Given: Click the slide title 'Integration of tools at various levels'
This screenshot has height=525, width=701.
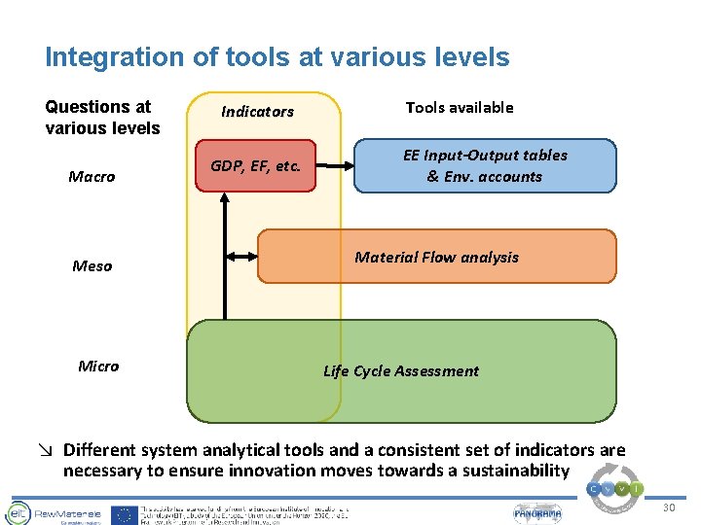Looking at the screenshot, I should pyautogui.click(x=277, y=57).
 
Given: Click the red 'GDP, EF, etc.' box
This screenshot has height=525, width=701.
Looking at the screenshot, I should pyautogui.click(x=256, y=165).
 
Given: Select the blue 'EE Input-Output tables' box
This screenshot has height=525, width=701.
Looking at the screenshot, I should pyautogui.click(x=484, y=165).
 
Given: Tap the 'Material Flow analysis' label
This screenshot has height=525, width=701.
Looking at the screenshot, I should pyautogui.click(x=436, y=258).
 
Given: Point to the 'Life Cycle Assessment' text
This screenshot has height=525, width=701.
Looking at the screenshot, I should pyautogui.click(x=400, y=370).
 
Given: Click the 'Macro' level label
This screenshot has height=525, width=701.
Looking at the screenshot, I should pyautogui.click(x=92, y=177).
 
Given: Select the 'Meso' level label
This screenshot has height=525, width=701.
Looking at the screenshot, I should pyautogui.click(x=92, y=266).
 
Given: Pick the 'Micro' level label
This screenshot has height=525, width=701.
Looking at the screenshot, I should pyautogui.click(x=98, y=367).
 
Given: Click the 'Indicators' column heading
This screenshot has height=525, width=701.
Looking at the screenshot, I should pyautogui.click(x=257, y=112).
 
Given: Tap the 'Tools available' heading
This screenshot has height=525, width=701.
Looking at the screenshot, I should pyautogui.click(x=459, y=108).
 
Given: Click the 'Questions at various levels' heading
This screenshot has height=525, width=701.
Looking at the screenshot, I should pyautogui.click(x=102, y=118).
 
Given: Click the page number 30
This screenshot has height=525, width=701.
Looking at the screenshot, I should pyautogui.click(x=669, y=508).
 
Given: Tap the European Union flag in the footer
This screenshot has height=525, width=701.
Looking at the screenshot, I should pyautogui.click(x=124, y=513).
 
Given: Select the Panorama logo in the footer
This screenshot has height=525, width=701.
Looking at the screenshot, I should pyautogui.click(x=538, y=512).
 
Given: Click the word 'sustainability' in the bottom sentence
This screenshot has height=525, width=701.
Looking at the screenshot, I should pyautogui.click(x=507, y=471).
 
